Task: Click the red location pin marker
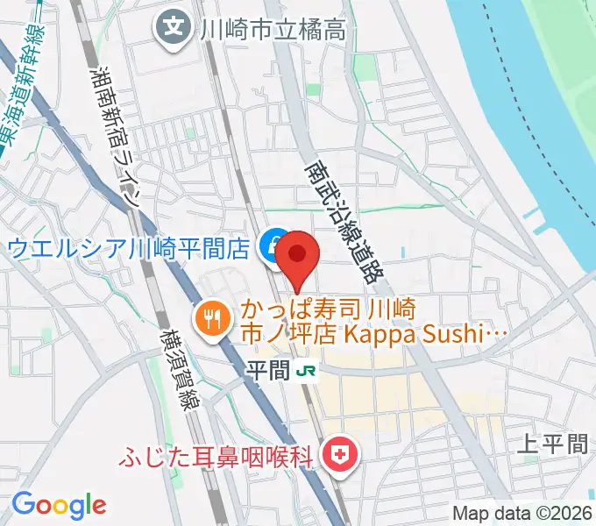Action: pos(298,256)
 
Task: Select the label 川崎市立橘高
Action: pos(273,29)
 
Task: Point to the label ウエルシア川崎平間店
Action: pos(129,248)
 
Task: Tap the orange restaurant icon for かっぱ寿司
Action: pos(210,316)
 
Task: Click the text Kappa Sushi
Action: pos(436,333)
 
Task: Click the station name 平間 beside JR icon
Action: pos(265,370)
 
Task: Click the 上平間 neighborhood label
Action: pos(554,444)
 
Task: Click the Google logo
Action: pos(59,505)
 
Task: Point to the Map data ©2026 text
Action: pos(522,514)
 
